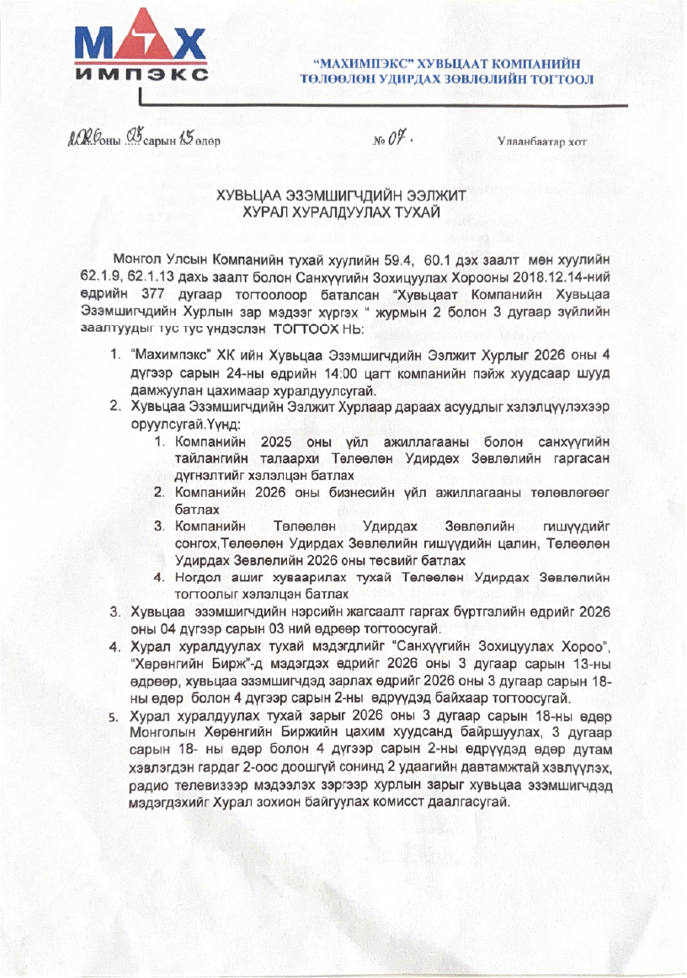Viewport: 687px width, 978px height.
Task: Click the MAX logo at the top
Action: [140, 42]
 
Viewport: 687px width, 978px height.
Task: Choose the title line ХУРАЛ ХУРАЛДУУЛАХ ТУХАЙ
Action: [343, 211]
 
